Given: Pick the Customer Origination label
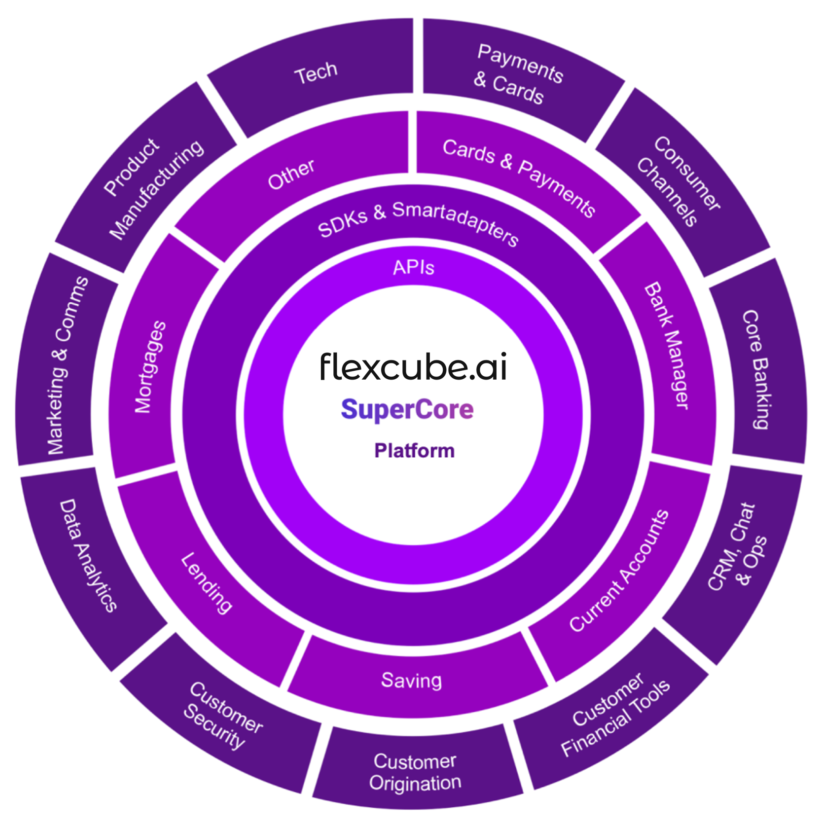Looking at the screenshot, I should tap(415, 772).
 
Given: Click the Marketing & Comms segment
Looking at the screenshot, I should tap(67, 365).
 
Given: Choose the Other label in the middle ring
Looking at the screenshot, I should tap(291, 174).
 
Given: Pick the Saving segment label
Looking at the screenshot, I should tap(412, 680).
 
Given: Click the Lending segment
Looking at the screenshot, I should tap(207, 582).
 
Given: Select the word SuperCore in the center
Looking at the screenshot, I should tap(407, 409).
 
